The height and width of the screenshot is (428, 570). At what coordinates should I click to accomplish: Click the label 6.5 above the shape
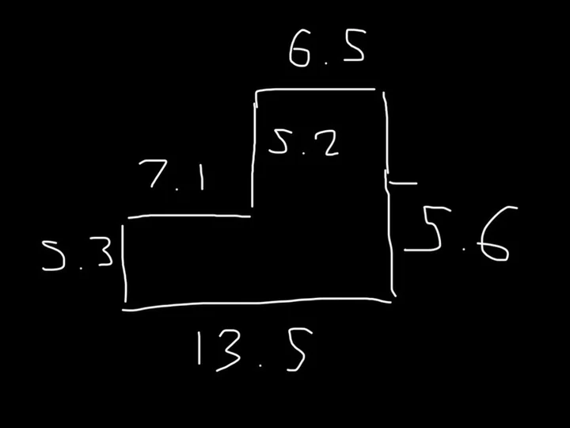coord(327,48)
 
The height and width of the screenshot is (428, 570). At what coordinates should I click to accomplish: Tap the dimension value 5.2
coord(304,143)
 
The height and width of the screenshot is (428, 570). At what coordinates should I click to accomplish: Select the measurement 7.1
coord(172,175)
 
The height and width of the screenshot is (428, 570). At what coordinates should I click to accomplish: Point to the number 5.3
coord(78,254)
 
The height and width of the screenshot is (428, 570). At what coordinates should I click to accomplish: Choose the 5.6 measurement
coord(461,233)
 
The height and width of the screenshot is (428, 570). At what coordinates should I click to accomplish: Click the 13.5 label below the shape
coord(254,350)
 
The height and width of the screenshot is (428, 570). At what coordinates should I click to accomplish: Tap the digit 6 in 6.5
coord(300,48)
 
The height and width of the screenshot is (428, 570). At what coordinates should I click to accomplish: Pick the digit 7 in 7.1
coord(154,174)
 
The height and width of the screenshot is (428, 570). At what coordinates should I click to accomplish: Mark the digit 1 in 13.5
coord(199,348)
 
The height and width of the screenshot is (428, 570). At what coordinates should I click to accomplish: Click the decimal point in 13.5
coord(260,365)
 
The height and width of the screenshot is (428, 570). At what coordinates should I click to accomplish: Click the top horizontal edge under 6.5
coord(316,89)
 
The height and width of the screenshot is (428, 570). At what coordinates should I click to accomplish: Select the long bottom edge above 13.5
coord(256,303)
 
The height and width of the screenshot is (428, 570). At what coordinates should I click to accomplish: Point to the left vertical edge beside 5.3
coord(124,264)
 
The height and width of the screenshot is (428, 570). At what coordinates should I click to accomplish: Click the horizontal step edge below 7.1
coord(189,216)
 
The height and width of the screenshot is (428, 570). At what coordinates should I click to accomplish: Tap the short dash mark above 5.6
coord(403,183)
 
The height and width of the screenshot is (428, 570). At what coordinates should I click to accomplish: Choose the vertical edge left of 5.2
coord(253,155)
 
